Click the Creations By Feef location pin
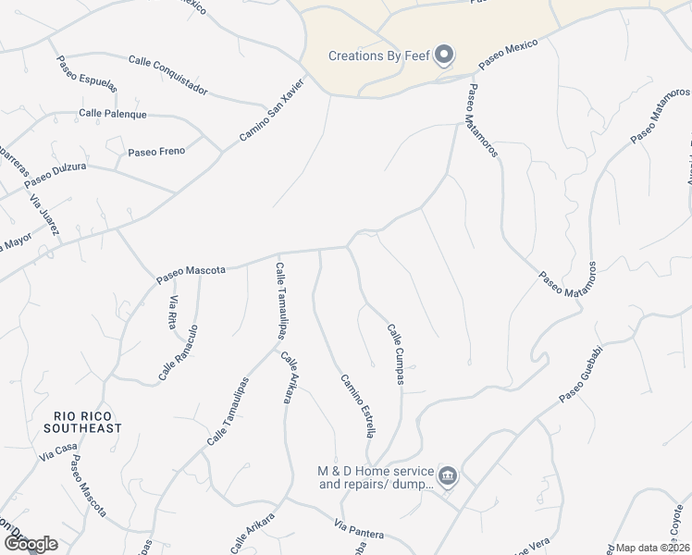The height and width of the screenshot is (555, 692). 444,55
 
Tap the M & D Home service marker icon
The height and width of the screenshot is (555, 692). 448,476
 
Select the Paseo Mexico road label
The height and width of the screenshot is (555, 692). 508,55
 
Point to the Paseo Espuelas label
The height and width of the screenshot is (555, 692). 87,74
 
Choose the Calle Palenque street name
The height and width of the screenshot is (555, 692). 113,114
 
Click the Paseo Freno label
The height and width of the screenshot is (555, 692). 156,151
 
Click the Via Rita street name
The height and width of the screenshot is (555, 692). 173,307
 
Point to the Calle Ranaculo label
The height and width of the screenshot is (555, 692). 179,353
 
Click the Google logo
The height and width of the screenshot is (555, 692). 30,544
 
